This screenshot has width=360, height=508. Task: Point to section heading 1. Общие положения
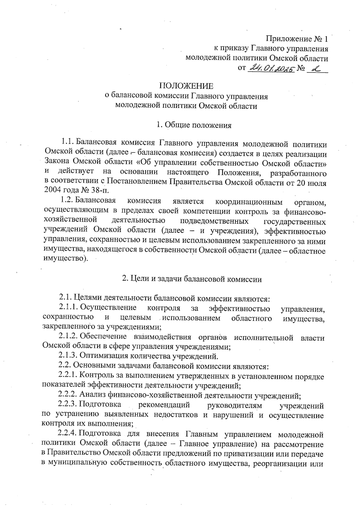194,125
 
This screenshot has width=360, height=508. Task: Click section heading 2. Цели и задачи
192,279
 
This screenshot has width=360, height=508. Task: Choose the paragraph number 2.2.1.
68,375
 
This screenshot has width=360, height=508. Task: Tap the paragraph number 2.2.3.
68,405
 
